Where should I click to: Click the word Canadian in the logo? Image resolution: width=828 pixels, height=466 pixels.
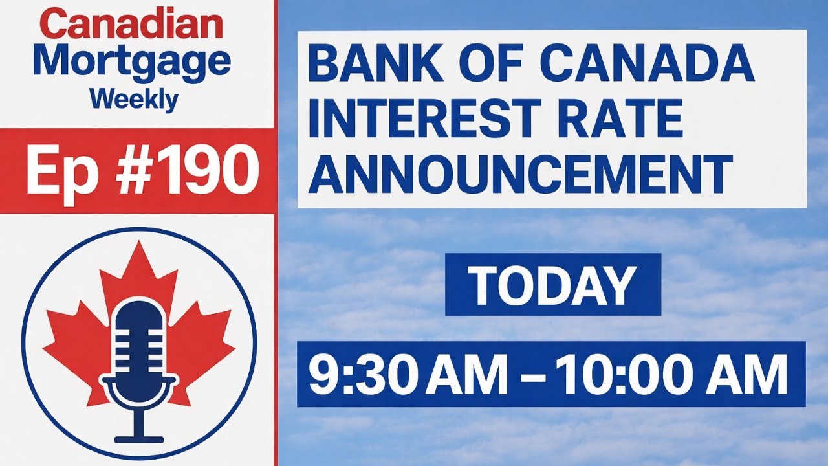click(x=134, y=25)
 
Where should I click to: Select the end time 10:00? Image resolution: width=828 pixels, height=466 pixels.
click(x=614, y=375)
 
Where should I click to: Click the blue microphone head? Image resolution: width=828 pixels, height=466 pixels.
click(x=139, y=340)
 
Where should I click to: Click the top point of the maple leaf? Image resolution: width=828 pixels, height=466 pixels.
click(x=139, y=245)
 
